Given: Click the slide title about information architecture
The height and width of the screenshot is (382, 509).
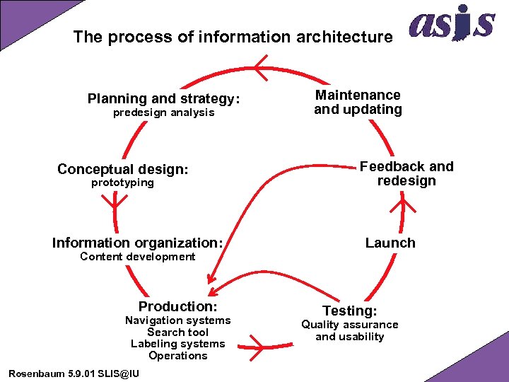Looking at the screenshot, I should click(x=233, y=37).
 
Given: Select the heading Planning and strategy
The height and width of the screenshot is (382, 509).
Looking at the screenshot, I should click(x=163, y=98).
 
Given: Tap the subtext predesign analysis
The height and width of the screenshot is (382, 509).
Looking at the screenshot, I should click(x=163, y=112).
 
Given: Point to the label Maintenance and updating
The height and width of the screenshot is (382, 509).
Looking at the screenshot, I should click(x=358, y=102).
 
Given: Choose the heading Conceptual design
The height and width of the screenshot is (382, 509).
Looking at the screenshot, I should click(x=123, y=169).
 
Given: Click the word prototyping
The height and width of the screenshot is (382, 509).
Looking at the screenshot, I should click(x=122, y=183).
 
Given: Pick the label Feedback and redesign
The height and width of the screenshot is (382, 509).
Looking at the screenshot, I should click(x=406, y=173).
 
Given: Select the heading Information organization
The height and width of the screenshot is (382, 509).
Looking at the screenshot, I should click(x=138, y=243).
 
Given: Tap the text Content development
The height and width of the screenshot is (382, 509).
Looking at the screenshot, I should click(x=137, y=257).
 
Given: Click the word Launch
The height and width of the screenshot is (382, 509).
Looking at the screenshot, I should click(x=390, y=243).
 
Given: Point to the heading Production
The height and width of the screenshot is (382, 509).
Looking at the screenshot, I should click(x=177, y=306).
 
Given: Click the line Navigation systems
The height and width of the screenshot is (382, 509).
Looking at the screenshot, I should click(x=177, y=320).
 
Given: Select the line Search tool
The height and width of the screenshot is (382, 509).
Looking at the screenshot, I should click(x=177, y=332).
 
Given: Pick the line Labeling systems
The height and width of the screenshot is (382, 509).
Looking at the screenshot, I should click(x=177, y=344).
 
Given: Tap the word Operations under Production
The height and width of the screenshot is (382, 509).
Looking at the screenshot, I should click(x=177, y=356).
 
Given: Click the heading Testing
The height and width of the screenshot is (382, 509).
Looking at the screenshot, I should click(x=350, y=311).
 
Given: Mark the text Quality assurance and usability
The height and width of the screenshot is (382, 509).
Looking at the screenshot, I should click(x=350, y=330).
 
